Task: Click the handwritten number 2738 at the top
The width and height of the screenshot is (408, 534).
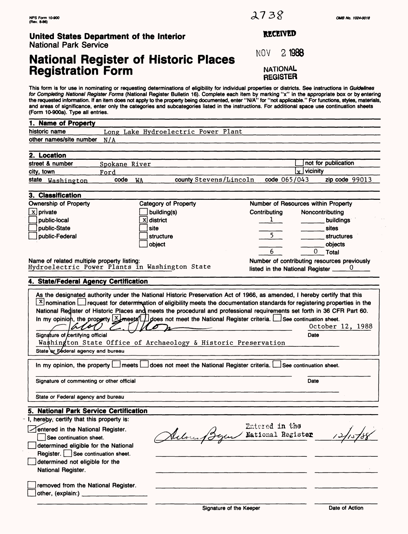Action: coord(267,15)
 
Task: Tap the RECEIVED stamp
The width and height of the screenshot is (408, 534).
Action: coord(280,34)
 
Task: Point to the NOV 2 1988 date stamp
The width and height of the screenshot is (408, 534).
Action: coord(280,53)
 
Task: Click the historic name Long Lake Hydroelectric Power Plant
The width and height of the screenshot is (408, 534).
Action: coord(173,132)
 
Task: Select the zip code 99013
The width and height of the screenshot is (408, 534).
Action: coord(362,180)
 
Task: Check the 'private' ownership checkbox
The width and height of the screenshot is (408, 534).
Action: coord(32,212)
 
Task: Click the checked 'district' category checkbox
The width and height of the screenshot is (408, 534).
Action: coord(143,220)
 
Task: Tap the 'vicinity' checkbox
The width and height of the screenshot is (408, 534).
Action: coord(299,171)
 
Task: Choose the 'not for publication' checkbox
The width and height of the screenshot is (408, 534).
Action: coord(299,163)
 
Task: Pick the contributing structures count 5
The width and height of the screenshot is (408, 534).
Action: coord(271,236)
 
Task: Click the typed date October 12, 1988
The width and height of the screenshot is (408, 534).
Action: coord(340,326)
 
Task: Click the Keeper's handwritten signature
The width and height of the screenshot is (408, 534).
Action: coord(199,436)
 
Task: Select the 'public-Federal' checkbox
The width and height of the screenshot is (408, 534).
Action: coord(32,236)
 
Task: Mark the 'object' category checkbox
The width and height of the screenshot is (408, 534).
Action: coord(143,244)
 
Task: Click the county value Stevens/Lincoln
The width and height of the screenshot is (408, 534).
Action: coord(225,180)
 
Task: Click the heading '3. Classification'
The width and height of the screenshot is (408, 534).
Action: coord(55,195)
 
